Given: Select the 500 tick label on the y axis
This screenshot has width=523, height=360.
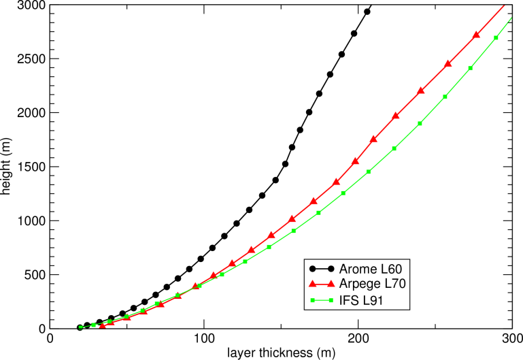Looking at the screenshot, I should (x=33, y=275).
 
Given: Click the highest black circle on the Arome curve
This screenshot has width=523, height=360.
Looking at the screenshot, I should (x=367, y=12).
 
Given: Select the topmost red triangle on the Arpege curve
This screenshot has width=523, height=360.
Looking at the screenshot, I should (x=476, y=35).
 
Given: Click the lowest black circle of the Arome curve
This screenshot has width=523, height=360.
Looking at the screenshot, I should (x=80, y=327).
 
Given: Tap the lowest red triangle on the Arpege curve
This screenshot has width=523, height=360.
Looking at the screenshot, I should (x=103, y=326).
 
